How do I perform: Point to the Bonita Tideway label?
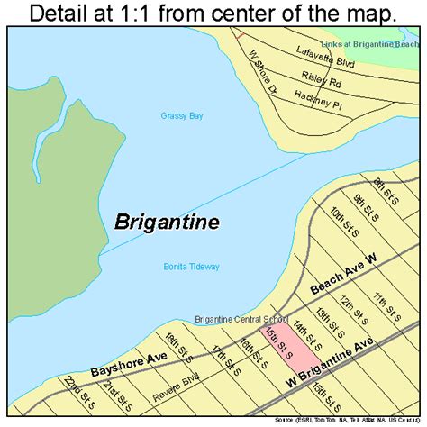191,267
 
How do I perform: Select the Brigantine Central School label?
241,319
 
